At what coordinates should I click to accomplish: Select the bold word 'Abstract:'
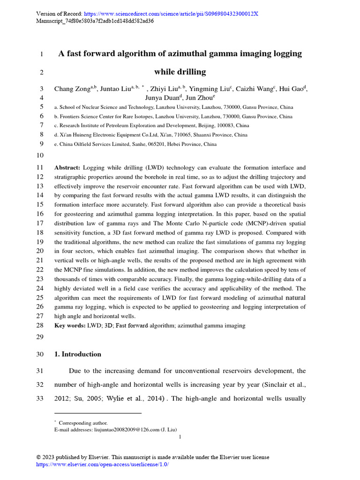tap(67, 167)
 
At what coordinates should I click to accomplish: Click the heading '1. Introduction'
tap(78, 354)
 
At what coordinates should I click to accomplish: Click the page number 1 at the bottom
tap(180, 437)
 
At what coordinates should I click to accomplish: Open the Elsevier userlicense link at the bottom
tap(102, 464)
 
